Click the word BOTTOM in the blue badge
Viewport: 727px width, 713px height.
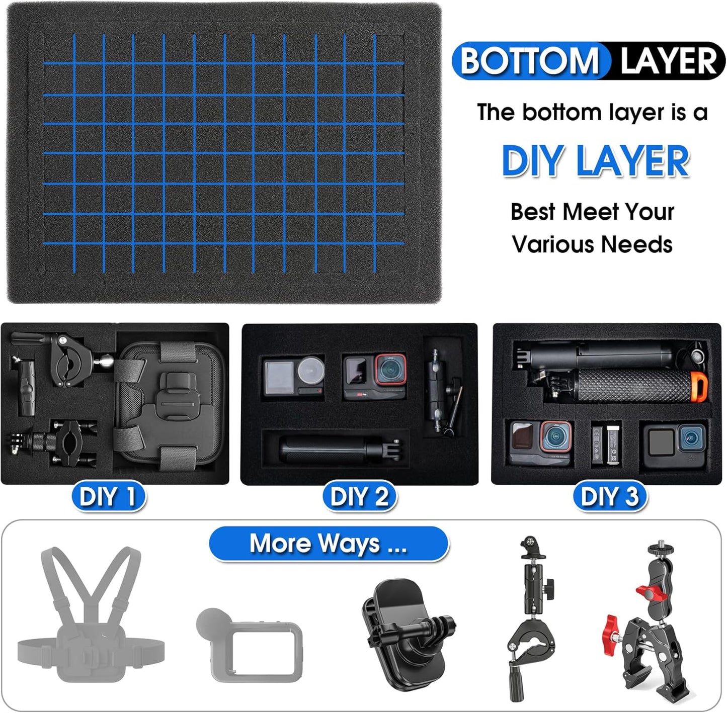[530, 61]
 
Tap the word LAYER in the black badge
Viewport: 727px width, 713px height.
[668, 61]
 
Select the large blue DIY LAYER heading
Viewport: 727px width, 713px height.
[596, 161]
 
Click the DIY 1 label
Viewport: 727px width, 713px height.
[108, 497]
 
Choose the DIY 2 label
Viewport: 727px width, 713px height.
[359, 497]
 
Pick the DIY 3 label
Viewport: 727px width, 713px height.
[609, 497]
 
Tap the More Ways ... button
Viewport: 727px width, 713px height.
[328, 544]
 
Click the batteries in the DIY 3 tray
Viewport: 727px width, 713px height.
[606, 443]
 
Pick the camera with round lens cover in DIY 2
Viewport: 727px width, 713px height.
[293, 377]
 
